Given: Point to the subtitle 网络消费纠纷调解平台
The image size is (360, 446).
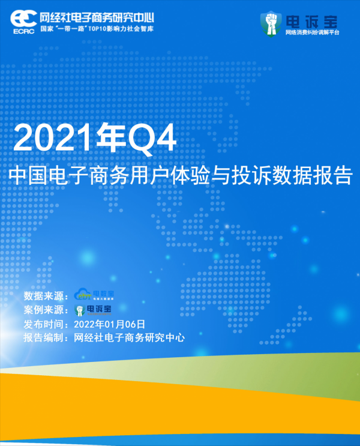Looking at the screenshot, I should point(312,32).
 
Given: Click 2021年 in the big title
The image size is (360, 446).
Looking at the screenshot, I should point(66,139).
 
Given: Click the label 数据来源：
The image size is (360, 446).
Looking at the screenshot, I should point(47,295).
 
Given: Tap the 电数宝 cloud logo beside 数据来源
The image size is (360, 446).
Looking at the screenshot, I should point(94,295).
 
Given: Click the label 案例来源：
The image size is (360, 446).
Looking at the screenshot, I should point(47,310).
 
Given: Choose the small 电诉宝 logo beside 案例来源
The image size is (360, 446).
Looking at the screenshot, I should point(93,310).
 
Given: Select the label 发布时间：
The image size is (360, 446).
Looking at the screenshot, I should point(47,324).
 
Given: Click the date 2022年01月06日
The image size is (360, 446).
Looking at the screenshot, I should point(109,324).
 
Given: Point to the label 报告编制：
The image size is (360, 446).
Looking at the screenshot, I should point(47,338).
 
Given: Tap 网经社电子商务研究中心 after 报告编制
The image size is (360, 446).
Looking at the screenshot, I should point(129,338).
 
